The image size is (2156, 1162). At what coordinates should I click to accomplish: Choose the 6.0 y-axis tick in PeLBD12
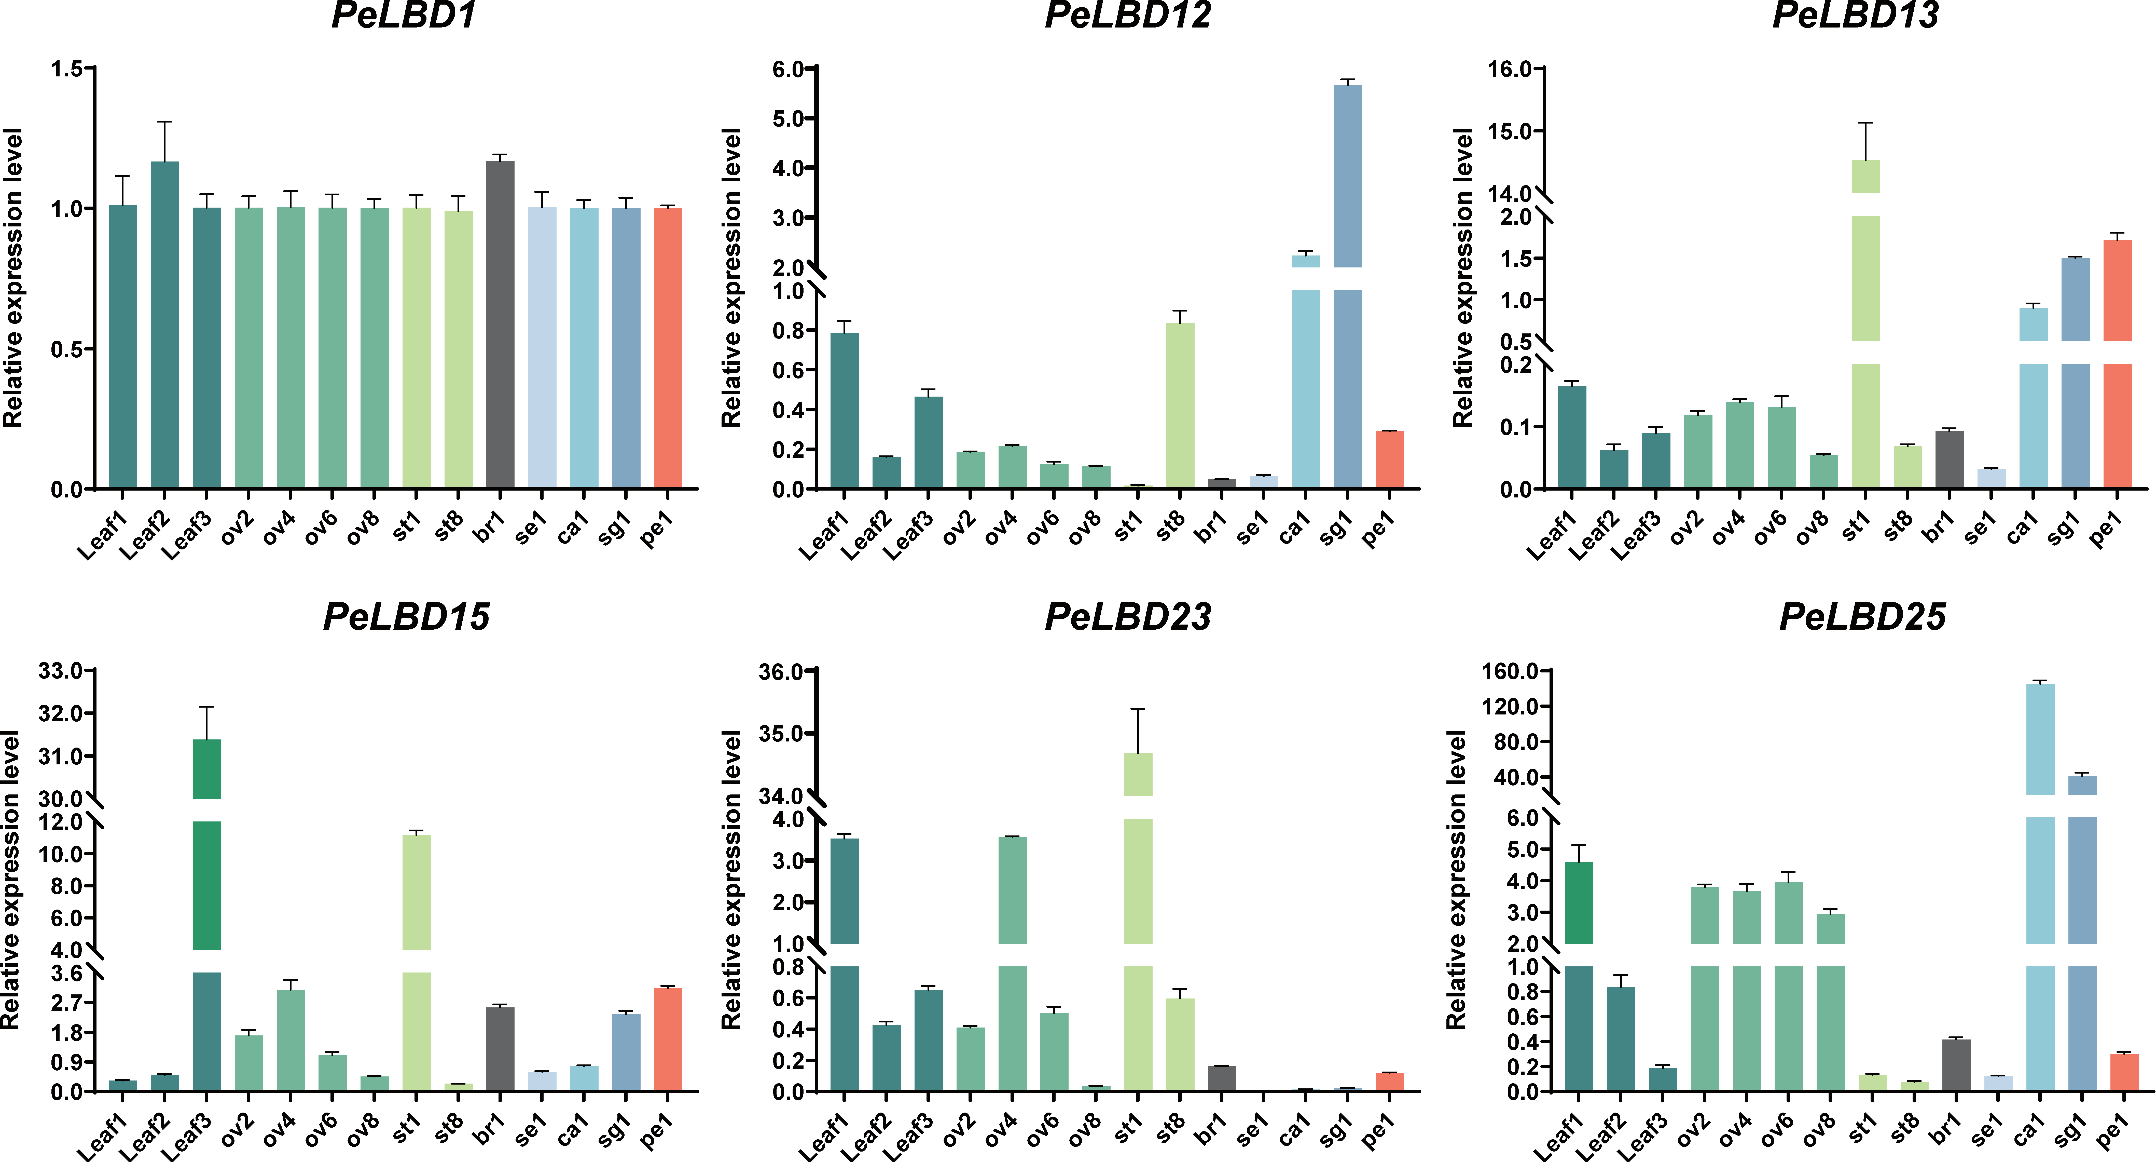click(787, 69)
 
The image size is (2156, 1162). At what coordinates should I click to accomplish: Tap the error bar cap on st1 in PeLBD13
click(1865, 123)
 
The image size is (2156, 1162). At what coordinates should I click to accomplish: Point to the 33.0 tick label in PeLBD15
click(60, 671)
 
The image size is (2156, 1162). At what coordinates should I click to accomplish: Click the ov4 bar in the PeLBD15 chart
click(291, 1040)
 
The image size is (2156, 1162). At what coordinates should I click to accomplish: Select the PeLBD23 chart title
click(1127, 617)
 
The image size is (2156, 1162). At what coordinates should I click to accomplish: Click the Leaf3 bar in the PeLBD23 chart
click(928, 1040)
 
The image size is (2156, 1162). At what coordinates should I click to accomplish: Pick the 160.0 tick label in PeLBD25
click(1511, 671)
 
